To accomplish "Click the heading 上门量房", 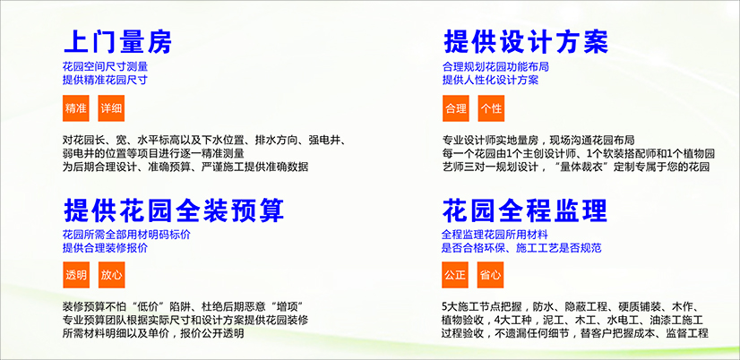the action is click(x=117, y=42).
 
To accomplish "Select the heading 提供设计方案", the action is click(x=526, y=41).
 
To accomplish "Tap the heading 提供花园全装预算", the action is click(x=174, y=210).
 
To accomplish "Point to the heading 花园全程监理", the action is click(x=525, y=210).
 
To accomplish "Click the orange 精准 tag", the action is click(x=76, y=108).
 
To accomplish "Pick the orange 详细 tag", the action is click(x=111, y=108).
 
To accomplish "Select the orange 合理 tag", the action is click(x=455, y=108).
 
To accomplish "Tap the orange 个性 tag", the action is click(x=491, y=108).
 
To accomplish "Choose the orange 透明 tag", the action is click(x=76, y=275).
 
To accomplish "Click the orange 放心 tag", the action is click(x=111, y=275).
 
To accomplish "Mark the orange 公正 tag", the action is click(x=455, y=275).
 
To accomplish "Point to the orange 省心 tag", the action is click(x=490, y=275).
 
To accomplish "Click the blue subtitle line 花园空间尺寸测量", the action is click(x=105, y=67).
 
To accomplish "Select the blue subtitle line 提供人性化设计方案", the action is click(x=490, y=80).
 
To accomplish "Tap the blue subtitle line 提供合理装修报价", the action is click(x=105, y=248).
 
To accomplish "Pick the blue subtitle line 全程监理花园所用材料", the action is click(x=495, y=235).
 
